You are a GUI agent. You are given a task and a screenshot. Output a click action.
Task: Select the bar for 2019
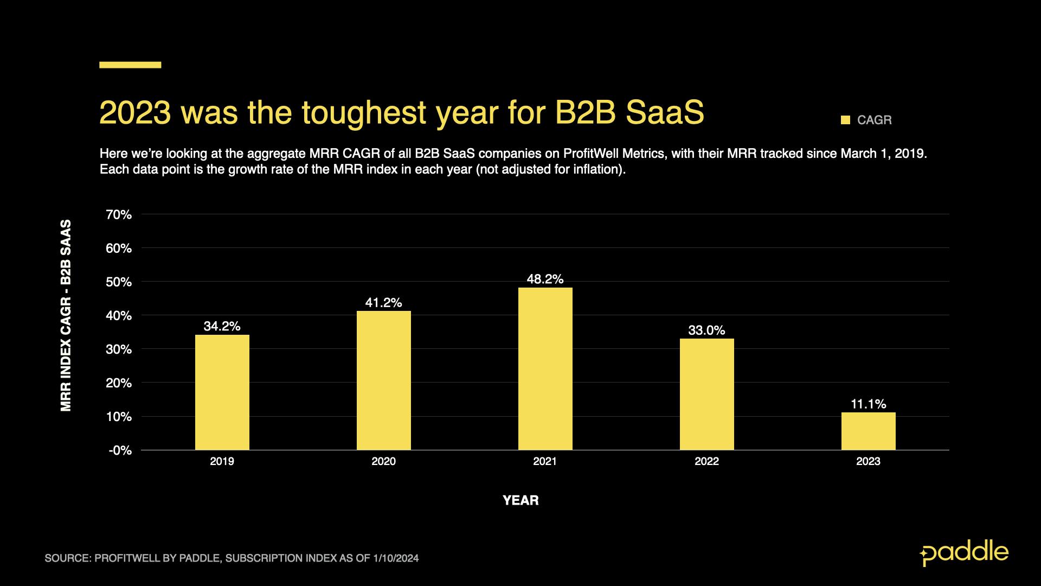[222, 392]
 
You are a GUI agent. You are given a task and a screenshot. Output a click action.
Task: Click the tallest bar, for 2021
[545, 368]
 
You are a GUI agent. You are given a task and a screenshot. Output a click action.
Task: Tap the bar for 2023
[868, 431]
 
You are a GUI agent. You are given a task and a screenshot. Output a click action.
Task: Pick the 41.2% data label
[383, 303]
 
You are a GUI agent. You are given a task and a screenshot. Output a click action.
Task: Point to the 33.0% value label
[706, 330]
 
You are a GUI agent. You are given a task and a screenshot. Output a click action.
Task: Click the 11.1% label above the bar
[868, 404]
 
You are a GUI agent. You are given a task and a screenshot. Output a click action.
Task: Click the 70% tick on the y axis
[119, 215]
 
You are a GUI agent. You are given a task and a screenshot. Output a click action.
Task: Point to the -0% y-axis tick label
[120, 450]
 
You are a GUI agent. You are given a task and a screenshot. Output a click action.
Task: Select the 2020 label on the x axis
[383, 462]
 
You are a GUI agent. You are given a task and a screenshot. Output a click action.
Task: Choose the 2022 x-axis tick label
[706, 462]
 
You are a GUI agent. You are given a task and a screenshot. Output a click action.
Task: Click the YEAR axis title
[520, 500]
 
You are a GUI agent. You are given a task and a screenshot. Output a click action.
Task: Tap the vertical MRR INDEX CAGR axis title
[66, 315]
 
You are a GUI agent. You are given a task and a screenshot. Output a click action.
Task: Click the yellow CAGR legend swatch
[845, 120]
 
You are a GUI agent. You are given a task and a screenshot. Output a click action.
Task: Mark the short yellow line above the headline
[130, 65]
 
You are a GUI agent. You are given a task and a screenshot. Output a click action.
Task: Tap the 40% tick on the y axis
[119, 316]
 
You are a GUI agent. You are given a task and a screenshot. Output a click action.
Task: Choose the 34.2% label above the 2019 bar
[222, 326]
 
